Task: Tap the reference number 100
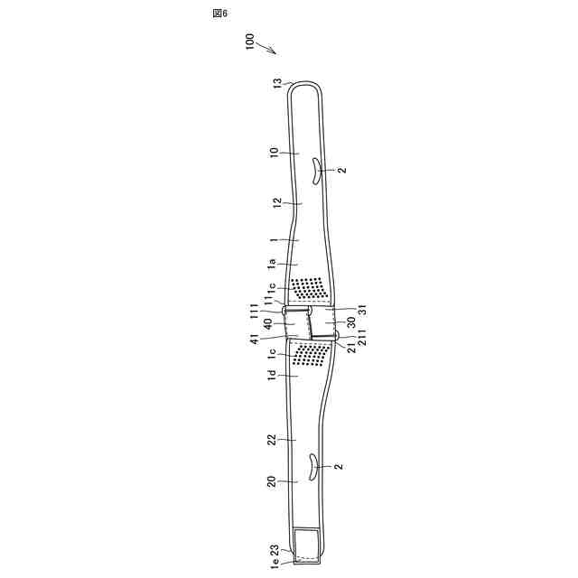[x=250, y=44]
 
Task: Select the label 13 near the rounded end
[x=277, y=84]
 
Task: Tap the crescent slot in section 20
[x=313, y=467]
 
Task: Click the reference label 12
[x=277, y=205]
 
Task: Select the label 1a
[x=271, y=264]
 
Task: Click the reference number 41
[x=256, y=340]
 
